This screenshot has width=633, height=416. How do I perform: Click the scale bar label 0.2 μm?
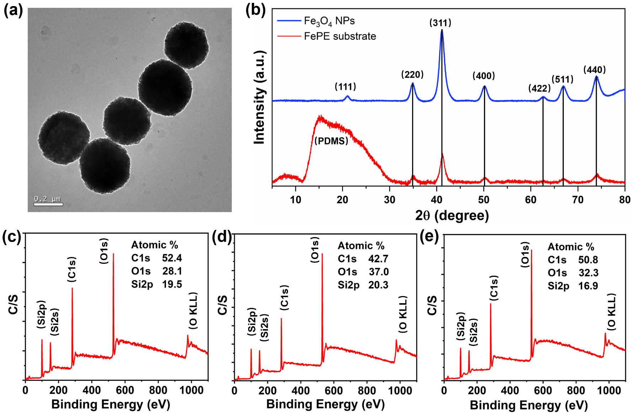[x=47, y=199]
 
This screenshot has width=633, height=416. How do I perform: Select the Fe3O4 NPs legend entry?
[x=329, y=21]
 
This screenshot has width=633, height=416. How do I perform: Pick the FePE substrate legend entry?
[x=340, y=36]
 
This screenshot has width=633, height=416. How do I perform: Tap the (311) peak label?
[x=440, y=23]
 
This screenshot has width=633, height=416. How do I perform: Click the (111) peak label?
[x=345, y=86]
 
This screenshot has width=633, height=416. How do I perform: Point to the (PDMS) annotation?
[x=331, y=141]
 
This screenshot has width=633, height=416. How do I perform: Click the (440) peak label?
[x=594, y=70]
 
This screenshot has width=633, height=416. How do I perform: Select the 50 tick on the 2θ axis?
[x=484, y=200]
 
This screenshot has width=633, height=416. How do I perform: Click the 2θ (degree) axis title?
[x=452, y=216]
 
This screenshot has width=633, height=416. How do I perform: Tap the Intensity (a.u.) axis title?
[x=260, y=97]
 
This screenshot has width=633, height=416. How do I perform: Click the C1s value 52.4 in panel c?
[x=172, y=258]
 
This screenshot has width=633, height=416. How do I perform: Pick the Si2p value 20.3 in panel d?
[x=378, y=285]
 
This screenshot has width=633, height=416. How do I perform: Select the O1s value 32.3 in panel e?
[x=588, y=273]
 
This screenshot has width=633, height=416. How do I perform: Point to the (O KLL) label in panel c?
[x=193, y=310]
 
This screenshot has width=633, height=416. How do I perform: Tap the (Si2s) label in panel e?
[x=473, y=332]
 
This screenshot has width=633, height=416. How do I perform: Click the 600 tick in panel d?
[x=334, y=391]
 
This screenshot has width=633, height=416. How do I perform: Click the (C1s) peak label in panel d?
[x=284, y=297]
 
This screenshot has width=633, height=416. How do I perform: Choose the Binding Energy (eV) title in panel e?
[x=528, y=405]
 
